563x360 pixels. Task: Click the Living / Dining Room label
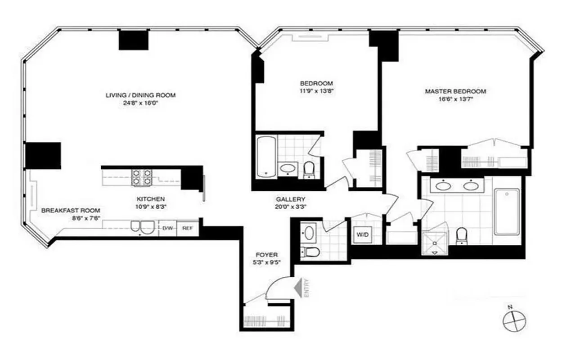point(140,95)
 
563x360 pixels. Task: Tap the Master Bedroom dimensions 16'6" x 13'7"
point(455,99)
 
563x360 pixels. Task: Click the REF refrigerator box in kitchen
point(188,228)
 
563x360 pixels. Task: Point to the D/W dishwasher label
point(168,228)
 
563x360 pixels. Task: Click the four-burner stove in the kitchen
point(141,177)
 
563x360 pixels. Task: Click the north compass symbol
point(513,320)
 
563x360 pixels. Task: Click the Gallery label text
point(291,199)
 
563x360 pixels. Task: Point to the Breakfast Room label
point(71,210)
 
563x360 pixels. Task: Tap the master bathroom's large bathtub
point(507,211)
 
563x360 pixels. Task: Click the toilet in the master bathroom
point(462,236)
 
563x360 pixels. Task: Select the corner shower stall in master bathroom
point(435,243)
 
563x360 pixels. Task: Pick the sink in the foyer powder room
point(309,233)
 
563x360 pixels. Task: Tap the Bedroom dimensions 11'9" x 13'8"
point(316,91)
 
